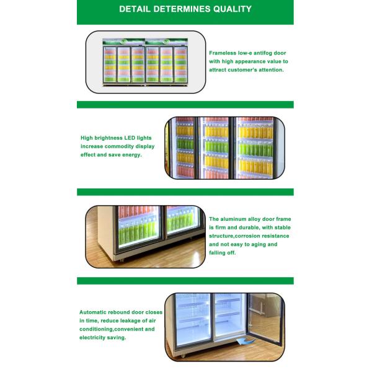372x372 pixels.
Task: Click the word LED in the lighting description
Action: (130, 138)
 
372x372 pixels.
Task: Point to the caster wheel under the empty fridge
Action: (182, 356)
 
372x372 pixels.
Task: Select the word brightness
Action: (108, 138)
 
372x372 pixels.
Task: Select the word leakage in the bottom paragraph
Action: (131, 321)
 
